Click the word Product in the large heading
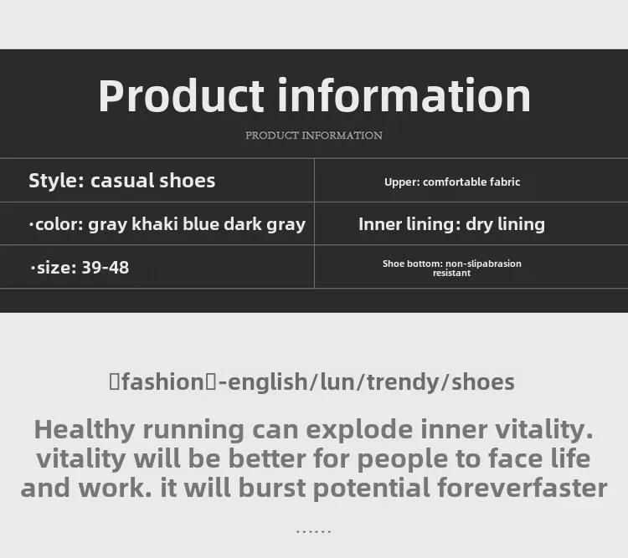(x=182, y=96)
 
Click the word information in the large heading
(x=404, y=95)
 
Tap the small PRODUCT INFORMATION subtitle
(x=314, y=136)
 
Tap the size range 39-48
(x=106, y=268)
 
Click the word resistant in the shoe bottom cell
(x=452, y=273)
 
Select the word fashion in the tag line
(x=163, y=381)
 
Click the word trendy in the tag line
(x=402, y=382)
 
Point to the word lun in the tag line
(x=338, y=381)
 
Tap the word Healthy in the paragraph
(x=85, y=430)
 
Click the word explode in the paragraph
(x=359, y=430)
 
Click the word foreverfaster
(x=522, y=488)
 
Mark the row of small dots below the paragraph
(x=314, y=532)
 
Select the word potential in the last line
(x=371, y=489)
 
